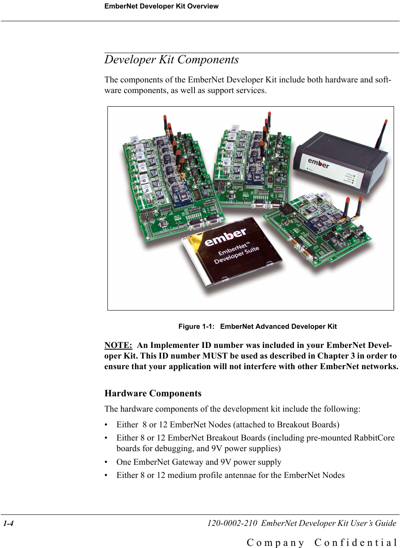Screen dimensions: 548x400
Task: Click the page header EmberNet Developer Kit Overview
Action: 161,6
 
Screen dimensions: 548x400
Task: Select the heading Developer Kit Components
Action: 172,60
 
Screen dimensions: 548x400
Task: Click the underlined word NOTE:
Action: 118,345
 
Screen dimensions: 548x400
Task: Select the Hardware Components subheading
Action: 153,393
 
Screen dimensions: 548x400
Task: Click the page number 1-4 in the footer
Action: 8,523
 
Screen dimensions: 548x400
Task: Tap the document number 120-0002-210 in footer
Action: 232,523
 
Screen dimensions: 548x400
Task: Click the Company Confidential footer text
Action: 322,543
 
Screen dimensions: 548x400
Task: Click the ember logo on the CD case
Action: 225,237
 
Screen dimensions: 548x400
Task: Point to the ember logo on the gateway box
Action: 318,163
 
